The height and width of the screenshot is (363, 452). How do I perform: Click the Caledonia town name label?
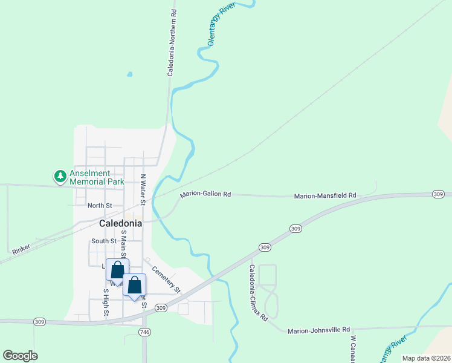click(x=120, y=223)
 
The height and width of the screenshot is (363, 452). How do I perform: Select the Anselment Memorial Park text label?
click(x=97, y=177)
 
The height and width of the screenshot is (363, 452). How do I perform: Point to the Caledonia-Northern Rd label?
click(x=172, y=42)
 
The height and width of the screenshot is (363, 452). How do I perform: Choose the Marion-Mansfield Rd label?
click(x=325, y=196)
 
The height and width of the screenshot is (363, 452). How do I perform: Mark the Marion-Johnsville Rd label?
click(x=318, y=330)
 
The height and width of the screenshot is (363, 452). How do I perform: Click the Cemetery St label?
click(x=166, y=279)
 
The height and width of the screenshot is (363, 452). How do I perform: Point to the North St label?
click(x=100, y=206)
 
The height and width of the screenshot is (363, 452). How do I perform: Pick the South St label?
click(x=100, y=241)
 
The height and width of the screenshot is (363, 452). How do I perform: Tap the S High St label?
click(x=106, y=302)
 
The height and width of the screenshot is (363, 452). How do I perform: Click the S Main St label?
click(x=123, y=244)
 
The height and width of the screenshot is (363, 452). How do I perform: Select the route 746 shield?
click(x=144, y=332)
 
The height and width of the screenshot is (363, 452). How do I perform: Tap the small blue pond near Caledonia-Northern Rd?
click(x=129, y=75)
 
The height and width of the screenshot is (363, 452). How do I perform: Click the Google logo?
click(x=20, y=356)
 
